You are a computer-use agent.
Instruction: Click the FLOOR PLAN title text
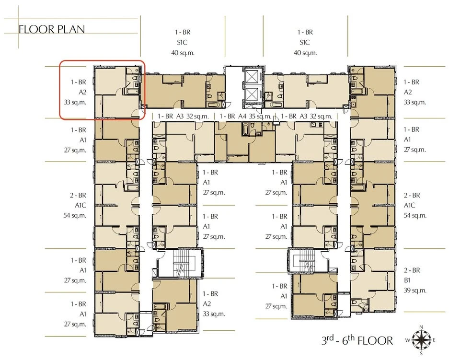(51, 29)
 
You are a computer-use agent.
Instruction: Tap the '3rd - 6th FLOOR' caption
(357, 341)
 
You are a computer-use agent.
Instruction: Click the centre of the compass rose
(420, 340)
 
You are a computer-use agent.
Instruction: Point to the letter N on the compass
(420, 327)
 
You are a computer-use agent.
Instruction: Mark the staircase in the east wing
(305, 263)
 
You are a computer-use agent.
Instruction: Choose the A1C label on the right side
(413, 205)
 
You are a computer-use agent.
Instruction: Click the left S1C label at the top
(183, 42)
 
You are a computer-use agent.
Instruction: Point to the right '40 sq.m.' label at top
(305, 52)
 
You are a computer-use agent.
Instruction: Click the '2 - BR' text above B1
(413, 270)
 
